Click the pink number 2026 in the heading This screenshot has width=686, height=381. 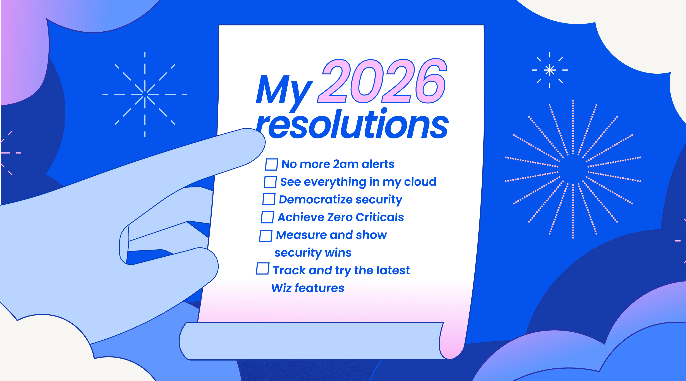click(382, 81)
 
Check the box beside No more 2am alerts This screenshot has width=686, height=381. click(271, 164)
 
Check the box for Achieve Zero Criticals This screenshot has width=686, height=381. click(267, 217)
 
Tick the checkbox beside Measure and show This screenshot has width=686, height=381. click(266, 236)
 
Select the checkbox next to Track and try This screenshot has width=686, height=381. click(262, 268)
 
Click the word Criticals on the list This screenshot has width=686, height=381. click(379, 217)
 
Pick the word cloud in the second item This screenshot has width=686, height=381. click(420, 182)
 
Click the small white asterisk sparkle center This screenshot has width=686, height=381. click(550, 70)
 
